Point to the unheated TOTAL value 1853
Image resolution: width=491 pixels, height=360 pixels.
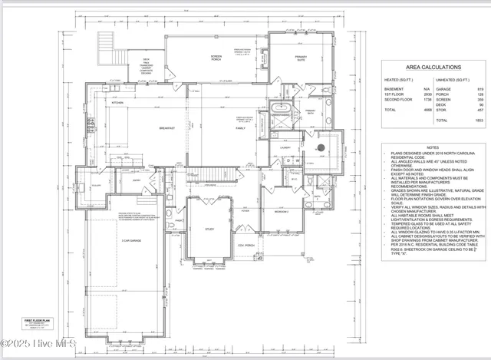477,121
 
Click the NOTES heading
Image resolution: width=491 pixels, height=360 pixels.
433,147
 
